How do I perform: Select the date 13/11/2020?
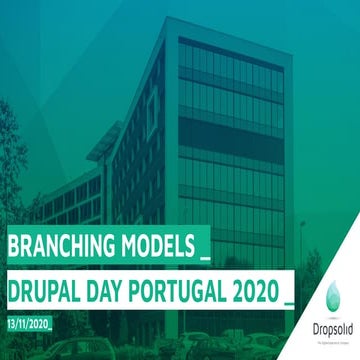[x=29, y=323]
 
